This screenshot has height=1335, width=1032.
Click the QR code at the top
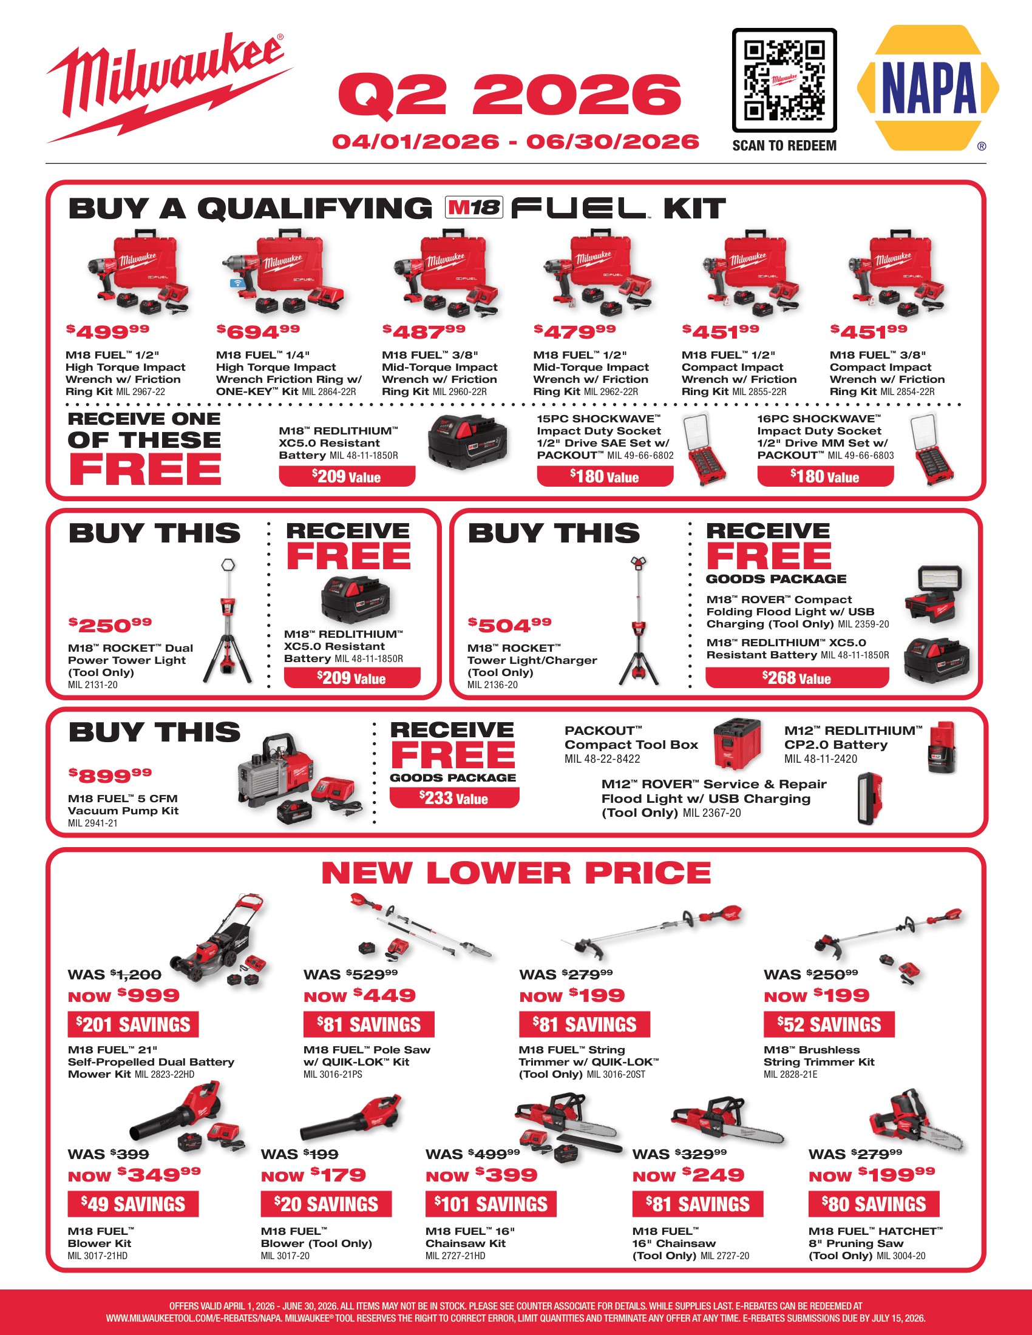click(784, 80)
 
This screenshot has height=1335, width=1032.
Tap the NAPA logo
click(928, 88)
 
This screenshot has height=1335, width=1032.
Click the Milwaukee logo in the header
click(169, 87)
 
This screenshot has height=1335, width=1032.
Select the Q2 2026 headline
click(510, 95)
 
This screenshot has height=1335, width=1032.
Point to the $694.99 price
click(258, 331)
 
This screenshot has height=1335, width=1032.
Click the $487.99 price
click(424, 331)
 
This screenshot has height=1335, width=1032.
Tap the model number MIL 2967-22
click(141, 392)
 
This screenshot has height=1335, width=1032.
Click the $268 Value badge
click(797, 678)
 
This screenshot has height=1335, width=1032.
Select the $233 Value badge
click(454, 798)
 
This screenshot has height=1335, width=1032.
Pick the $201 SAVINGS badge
click(134, 1024)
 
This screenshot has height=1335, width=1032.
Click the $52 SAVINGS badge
click(829, 1024)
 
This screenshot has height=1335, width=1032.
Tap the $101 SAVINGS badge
click(491, 1204)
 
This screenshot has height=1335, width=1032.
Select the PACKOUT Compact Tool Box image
click(738, 744)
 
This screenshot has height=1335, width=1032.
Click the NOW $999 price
click(123, 996)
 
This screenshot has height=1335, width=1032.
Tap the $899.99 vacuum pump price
click(110, 775)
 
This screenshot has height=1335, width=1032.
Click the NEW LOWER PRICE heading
click(516, 873)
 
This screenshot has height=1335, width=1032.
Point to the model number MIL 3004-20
click(901, 1256)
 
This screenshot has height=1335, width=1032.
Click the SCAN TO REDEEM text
click(784, 146)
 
